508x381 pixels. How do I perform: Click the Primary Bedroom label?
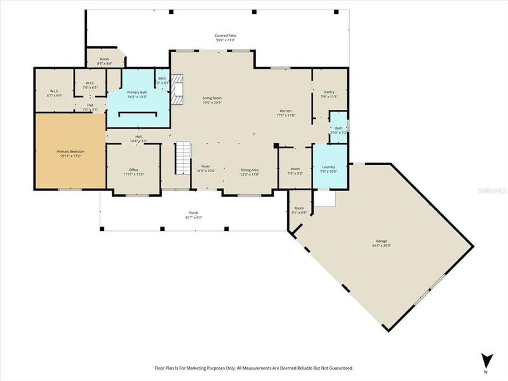[x=70, y=152]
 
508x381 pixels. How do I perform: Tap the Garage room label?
[x=382, y=242]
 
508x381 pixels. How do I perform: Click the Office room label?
[x=133, y=170]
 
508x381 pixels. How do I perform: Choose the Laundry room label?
[x=328, y=167]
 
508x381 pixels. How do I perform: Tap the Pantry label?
[x=329, y=91]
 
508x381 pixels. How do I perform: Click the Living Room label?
[x=212, y=98]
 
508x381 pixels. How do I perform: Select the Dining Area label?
[x=249, y=170]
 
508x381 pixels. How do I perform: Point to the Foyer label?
[x=206, y=167]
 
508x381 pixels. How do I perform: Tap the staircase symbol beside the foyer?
[x=183, y=158]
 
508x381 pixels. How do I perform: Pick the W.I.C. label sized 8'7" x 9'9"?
[x=53, y=91]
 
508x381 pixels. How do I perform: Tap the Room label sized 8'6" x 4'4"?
[x=104, y=59]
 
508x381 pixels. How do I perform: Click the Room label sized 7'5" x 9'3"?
[x=295, y=169]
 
